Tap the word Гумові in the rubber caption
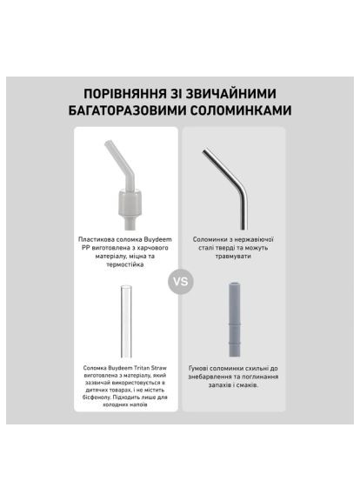coord(199,368)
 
